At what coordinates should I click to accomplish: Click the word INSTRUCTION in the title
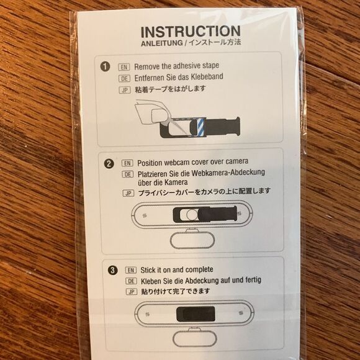[x=191, y=32]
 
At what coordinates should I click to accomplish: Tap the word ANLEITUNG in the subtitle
[x=162, y=43]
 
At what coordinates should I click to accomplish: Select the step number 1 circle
[x=105, y=67]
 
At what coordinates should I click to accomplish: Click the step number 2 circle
[x=109, y=164]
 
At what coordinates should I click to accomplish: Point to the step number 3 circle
[x=112, y=270]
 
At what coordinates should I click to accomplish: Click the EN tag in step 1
[x=124, y=67]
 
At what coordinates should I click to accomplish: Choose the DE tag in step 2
[x=128, y=174]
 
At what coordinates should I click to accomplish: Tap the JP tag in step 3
[x=132, y=292]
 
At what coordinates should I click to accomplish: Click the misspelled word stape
[x=210, y=66]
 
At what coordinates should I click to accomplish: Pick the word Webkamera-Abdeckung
[x=228, y=173]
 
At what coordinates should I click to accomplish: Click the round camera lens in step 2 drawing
[x=192, y=215]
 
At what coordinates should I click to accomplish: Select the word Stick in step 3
[x=147, y=270]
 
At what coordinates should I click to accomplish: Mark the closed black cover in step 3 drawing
[x=196, y=313]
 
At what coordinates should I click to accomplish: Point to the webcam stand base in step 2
[x=192, y=240]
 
